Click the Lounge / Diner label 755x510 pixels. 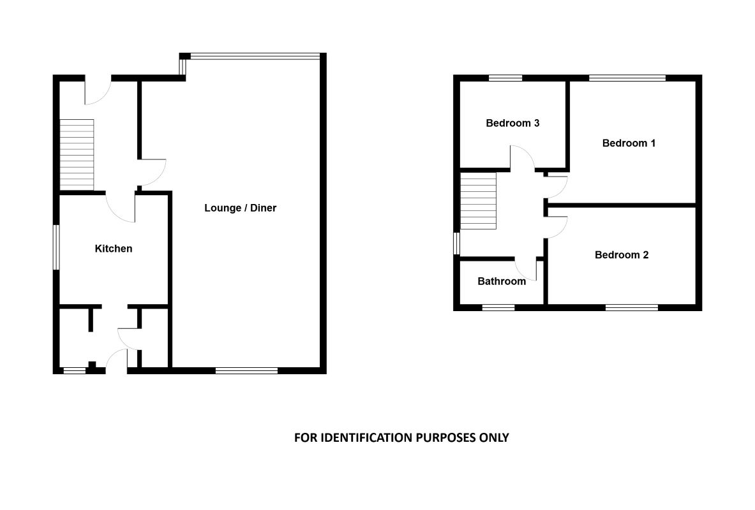tap(240, 208)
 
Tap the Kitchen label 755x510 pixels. tap(114, 249)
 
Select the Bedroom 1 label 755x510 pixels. tap(629, 143)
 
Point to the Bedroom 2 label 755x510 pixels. tap(621, 255)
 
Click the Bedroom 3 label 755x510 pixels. tap(512, 123)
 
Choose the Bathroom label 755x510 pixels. tap(502, 281)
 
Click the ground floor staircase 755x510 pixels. tap(77, 154)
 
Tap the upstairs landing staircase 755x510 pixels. tap(479, 201)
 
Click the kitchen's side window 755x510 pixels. tap(56, 247)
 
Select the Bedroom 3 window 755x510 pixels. tap(505, 78)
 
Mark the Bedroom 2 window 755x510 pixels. tap(631, 307)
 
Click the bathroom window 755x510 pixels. tap(498, 307)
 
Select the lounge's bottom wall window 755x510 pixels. tap(246, 370)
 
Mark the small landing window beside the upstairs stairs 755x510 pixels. tap(456, 244)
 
